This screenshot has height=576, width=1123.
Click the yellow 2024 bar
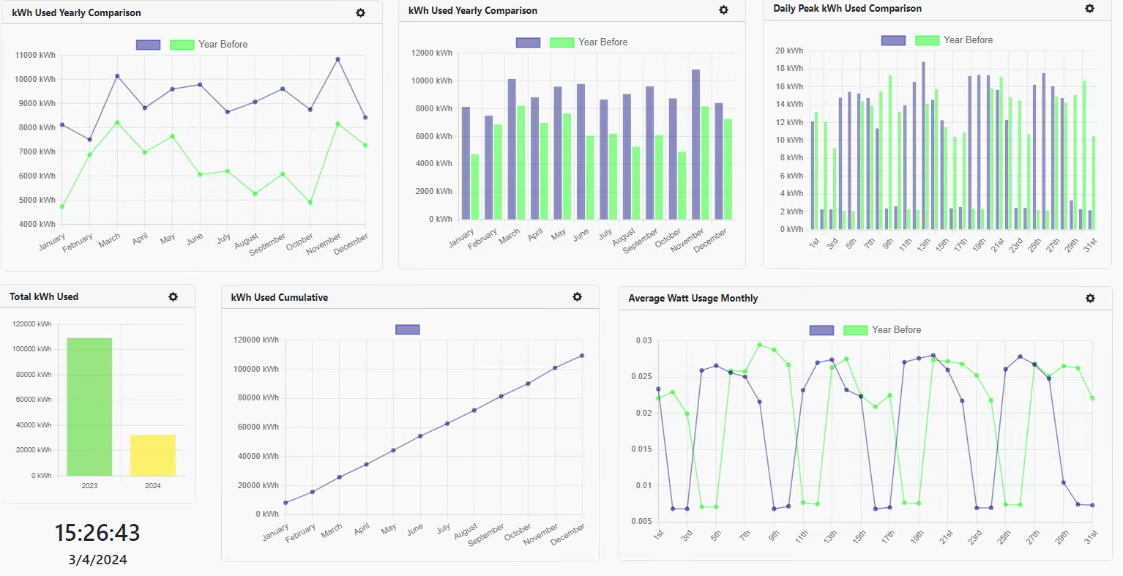point(152,455)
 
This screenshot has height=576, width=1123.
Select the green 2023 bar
point(89,407)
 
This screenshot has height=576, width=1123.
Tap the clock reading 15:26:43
point(97,533)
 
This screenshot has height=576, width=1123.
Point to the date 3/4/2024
point(97,560)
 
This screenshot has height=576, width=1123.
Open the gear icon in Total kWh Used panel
point(173,296)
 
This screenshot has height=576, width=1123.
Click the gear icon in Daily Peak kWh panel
point(1089,9)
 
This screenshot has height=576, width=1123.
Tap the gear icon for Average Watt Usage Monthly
point(1090,298)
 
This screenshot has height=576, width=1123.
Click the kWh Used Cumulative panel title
point(279,297)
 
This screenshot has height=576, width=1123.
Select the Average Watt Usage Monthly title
point(693,298)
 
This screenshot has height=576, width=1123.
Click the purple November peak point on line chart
point(337,59)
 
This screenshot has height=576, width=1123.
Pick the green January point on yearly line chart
point(62,206)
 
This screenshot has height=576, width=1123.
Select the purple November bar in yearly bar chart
point(695,144)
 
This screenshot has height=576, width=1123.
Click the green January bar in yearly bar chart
point(475,187)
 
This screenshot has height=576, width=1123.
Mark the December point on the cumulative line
point(582,356)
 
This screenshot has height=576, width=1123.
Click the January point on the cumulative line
point(286,503)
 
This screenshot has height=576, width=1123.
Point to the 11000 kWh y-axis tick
point(35,55)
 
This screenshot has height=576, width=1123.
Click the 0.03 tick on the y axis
point(643,340)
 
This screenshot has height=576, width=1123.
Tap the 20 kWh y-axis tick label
point(789,51)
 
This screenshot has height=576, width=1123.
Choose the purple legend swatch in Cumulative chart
point(407,330)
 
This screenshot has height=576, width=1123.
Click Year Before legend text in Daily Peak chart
point(968,40)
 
